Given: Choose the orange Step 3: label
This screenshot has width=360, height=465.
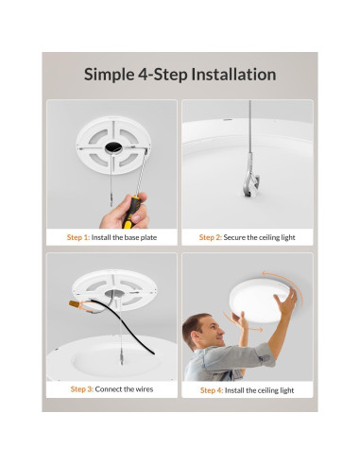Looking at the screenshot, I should click(x=85, y=388).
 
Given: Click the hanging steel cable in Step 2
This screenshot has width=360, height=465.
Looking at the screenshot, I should click(x=249, y=132).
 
